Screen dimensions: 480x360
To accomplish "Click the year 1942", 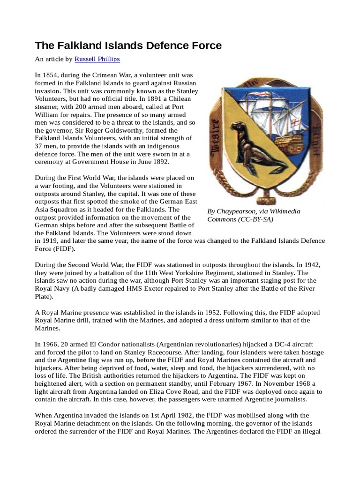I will point(314,265).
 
